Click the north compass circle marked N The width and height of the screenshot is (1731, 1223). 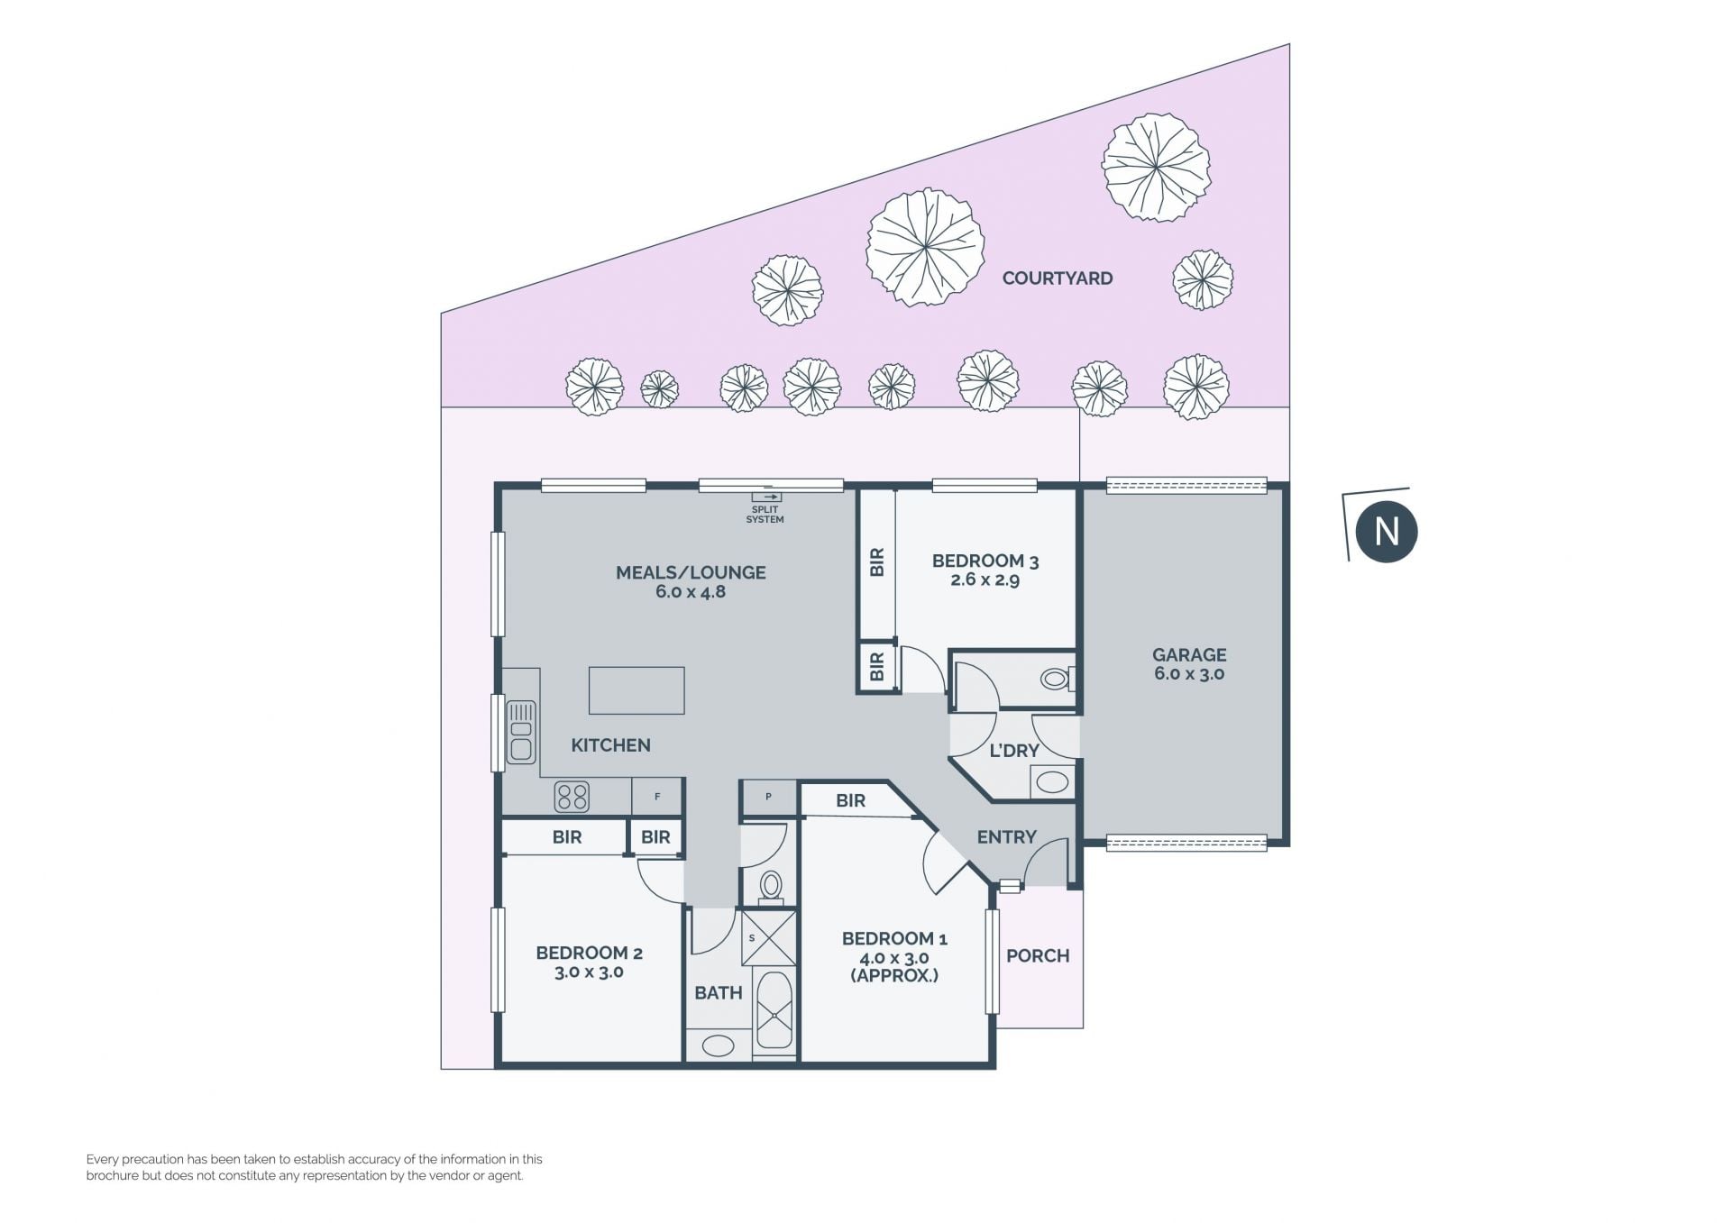[1387, 531]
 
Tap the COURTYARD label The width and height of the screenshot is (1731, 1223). [1057, 278]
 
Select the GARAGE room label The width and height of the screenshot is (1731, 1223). [1189, 655]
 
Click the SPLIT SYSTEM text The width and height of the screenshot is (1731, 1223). [765, 515]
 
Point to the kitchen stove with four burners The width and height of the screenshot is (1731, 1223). [572, 796]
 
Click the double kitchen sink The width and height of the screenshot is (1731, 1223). [520, 731]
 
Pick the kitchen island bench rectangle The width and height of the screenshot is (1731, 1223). [637, 690]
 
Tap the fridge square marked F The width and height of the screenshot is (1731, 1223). [656, 797]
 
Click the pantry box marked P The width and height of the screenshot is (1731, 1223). [768, 798]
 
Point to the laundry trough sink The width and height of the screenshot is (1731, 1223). [1052, 780]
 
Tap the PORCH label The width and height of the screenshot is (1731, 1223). [1038, 955]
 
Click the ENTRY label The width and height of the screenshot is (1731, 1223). [1007, 837]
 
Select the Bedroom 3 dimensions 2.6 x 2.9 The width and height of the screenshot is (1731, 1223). [985, 580]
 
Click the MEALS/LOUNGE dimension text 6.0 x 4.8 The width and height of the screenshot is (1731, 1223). [691, 592]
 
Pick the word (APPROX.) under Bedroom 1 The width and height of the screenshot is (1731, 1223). [894, 975]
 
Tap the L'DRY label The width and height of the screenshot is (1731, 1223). [1014, 751]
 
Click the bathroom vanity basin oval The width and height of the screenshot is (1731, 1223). [719, 1045]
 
